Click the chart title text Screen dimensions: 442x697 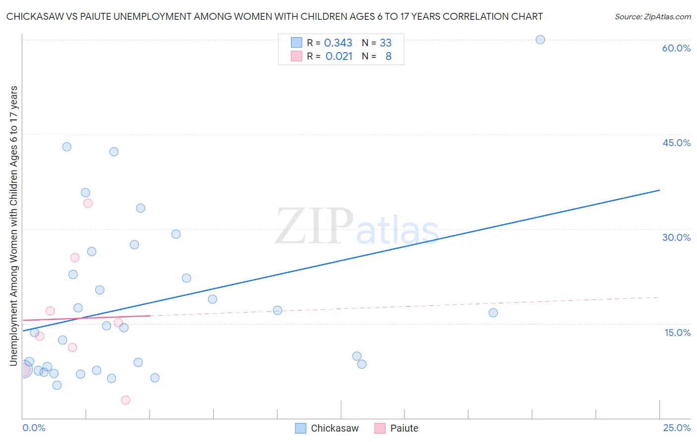coord(274,16)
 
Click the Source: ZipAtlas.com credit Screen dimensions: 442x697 coord(652,16)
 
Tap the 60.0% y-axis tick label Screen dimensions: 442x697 coord(676,48)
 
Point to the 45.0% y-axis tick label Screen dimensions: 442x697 coord(676,143)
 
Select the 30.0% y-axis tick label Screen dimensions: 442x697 coord(676,237)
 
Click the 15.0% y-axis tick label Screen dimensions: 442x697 coord(677,332)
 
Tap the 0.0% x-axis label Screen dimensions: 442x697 coord(34,428)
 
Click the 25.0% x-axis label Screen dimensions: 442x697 coord(677,428)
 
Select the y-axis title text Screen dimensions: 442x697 coord(13,225)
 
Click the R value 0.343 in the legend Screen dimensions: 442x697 coord(338,43)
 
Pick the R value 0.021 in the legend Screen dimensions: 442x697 coord(339,56)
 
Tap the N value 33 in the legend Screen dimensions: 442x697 coord(386,43)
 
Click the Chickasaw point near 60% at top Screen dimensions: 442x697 coord(540,40)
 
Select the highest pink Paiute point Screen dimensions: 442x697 coord(88,203)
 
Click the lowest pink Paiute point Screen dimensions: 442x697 coord(126,400)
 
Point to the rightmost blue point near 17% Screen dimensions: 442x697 coord(493,313)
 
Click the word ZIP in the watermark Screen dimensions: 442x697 coord(314,226)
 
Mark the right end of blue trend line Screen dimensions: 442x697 coord(659,190)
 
